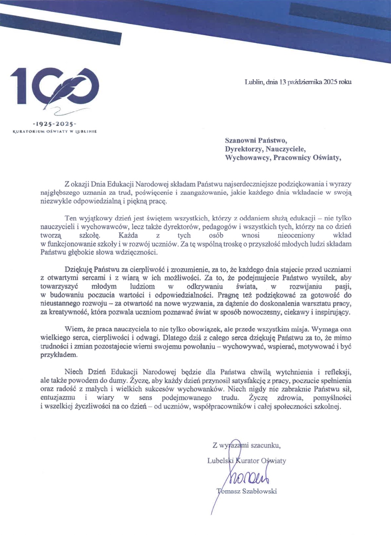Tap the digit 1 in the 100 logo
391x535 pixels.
point(19,86)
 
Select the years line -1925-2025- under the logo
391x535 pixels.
point(54,124)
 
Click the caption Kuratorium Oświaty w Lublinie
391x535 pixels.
point(55,132)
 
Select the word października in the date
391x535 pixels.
point(304,81)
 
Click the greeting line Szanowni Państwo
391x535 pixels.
point(256,141)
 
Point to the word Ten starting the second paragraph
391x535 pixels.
point(71,218)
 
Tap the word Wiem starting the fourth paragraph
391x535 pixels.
point(72,329)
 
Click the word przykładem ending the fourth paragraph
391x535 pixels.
point(59,355)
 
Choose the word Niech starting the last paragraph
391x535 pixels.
point(73,372)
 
